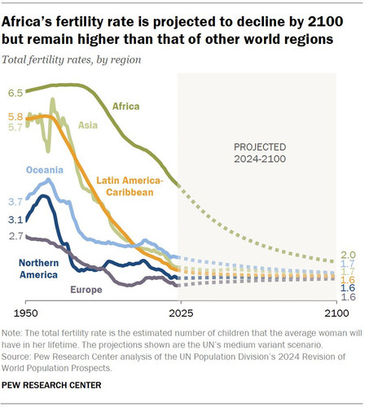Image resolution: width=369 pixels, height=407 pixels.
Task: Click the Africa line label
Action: pos(125,106)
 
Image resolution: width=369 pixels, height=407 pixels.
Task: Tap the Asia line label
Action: pos(88,125)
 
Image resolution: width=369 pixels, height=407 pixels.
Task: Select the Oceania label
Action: pos(45,170)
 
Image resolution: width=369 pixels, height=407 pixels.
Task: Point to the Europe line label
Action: pos(86,290)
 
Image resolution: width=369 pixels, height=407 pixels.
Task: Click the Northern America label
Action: pos(38,269)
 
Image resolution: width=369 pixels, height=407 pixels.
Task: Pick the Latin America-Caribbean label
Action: pos(130,186)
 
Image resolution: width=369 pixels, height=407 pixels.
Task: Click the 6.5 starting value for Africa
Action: pos(15,93)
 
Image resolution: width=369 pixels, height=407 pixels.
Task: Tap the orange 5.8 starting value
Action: pos(15,116)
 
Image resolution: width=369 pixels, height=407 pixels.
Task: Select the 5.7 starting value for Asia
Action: pos(15,127)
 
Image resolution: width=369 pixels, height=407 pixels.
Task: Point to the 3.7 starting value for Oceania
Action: pos(15,202)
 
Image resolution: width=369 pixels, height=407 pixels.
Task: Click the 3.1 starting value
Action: pos(15,219)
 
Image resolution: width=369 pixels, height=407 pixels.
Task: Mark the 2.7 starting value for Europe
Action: pos(16,236)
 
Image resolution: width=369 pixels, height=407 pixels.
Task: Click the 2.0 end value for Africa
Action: pos(348,255)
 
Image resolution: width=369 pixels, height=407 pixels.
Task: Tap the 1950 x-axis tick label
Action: pos(26,313)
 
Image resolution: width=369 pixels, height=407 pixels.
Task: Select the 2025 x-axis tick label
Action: pos(181,313)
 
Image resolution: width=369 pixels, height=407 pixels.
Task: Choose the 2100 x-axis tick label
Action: pos(336,313)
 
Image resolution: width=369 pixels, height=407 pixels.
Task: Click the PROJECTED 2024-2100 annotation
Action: pos(260,153)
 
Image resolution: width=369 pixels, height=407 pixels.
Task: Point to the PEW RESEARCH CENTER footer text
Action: pos(51,385)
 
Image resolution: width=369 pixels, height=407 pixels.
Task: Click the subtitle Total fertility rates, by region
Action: pos(72,59)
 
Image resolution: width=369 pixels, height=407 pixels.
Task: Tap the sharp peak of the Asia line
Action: pos(52,99)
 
